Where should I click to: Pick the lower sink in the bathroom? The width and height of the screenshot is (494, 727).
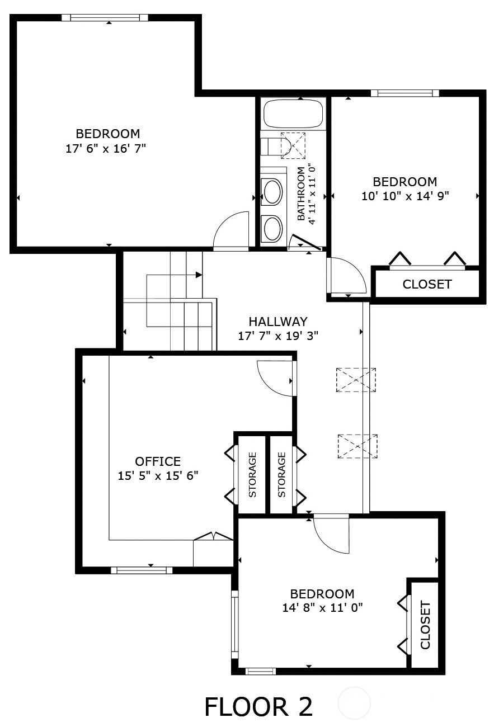point(272,228)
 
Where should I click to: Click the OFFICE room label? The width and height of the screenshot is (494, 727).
point(158,461)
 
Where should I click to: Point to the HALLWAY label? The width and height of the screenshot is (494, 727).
point(278,322)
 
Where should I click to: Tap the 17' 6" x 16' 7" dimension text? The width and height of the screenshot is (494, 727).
point(106,149)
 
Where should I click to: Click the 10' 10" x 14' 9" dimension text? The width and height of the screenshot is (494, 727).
point(405,196)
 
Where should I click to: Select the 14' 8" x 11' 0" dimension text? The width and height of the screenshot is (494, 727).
point(322,607)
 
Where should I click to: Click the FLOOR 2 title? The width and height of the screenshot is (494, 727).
point(258,706)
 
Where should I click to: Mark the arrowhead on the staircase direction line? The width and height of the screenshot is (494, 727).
point(199,275)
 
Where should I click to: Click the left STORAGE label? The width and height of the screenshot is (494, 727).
point(252,474)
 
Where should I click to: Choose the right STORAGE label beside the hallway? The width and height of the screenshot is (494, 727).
point(281,474)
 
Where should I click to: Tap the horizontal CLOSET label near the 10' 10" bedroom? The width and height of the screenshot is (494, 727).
point(427,284)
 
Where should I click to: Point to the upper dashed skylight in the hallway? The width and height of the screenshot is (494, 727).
point(356,380)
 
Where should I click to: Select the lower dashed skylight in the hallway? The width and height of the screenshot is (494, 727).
point(357,446)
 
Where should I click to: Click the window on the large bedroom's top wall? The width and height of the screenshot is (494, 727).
point(105,18)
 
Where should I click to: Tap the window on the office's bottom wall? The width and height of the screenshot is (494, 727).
point(142,570)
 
